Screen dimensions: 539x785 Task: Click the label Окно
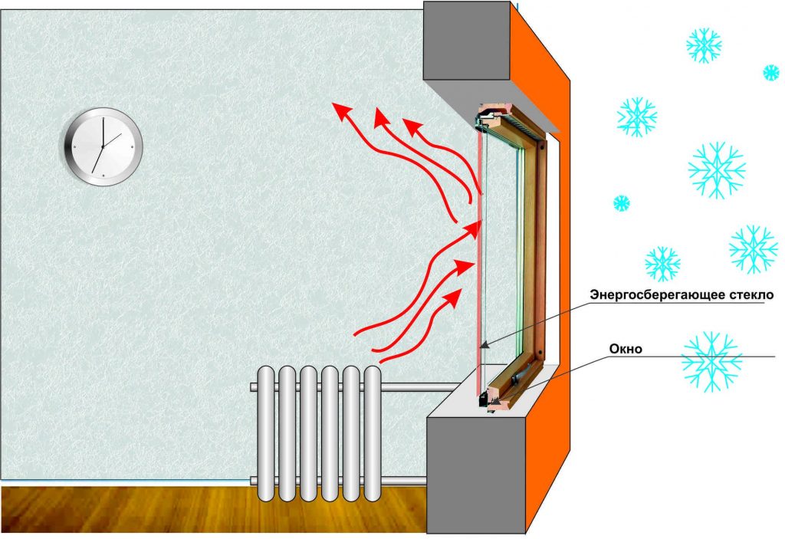click(625, 349)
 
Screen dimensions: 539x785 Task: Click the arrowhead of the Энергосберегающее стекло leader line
click(481, 347)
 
